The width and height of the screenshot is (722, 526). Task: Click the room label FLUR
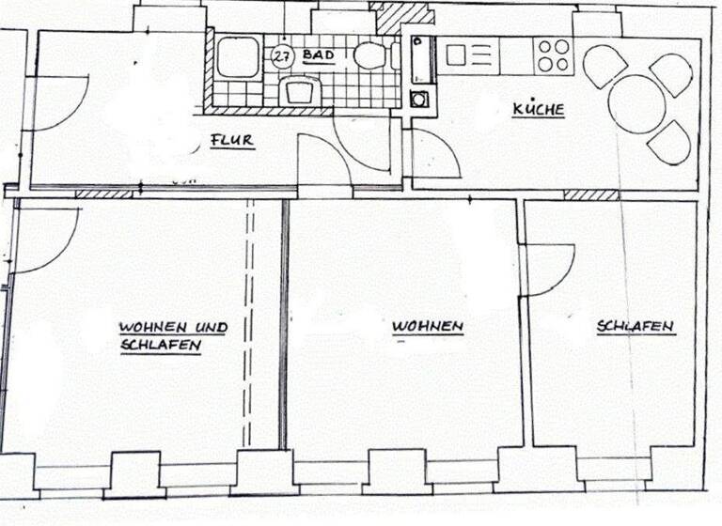(231, 142)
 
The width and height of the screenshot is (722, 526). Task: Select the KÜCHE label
(539, 110)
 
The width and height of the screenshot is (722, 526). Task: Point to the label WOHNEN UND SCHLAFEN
(172, 336)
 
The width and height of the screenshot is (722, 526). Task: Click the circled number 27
(281, 55)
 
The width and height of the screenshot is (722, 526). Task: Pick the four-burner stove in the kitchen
(553, 54)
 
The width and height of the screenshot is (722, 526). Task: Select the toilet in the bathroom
(369, 55)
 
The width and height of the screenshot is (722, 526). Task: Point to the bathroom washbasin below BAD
(300, 92)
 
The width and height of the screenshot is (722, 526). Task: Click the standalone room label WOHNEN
(428, 327)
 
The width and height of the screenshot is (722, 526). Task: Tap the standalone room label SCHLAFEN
(636, 327)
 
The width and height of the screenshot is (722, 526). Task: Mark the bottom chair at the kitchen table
(668, 142)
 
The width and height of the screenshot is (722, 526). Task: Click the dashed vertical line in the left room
(250, 329)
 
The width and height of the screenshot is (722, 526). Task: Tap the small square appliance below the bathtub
(417, 98)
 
